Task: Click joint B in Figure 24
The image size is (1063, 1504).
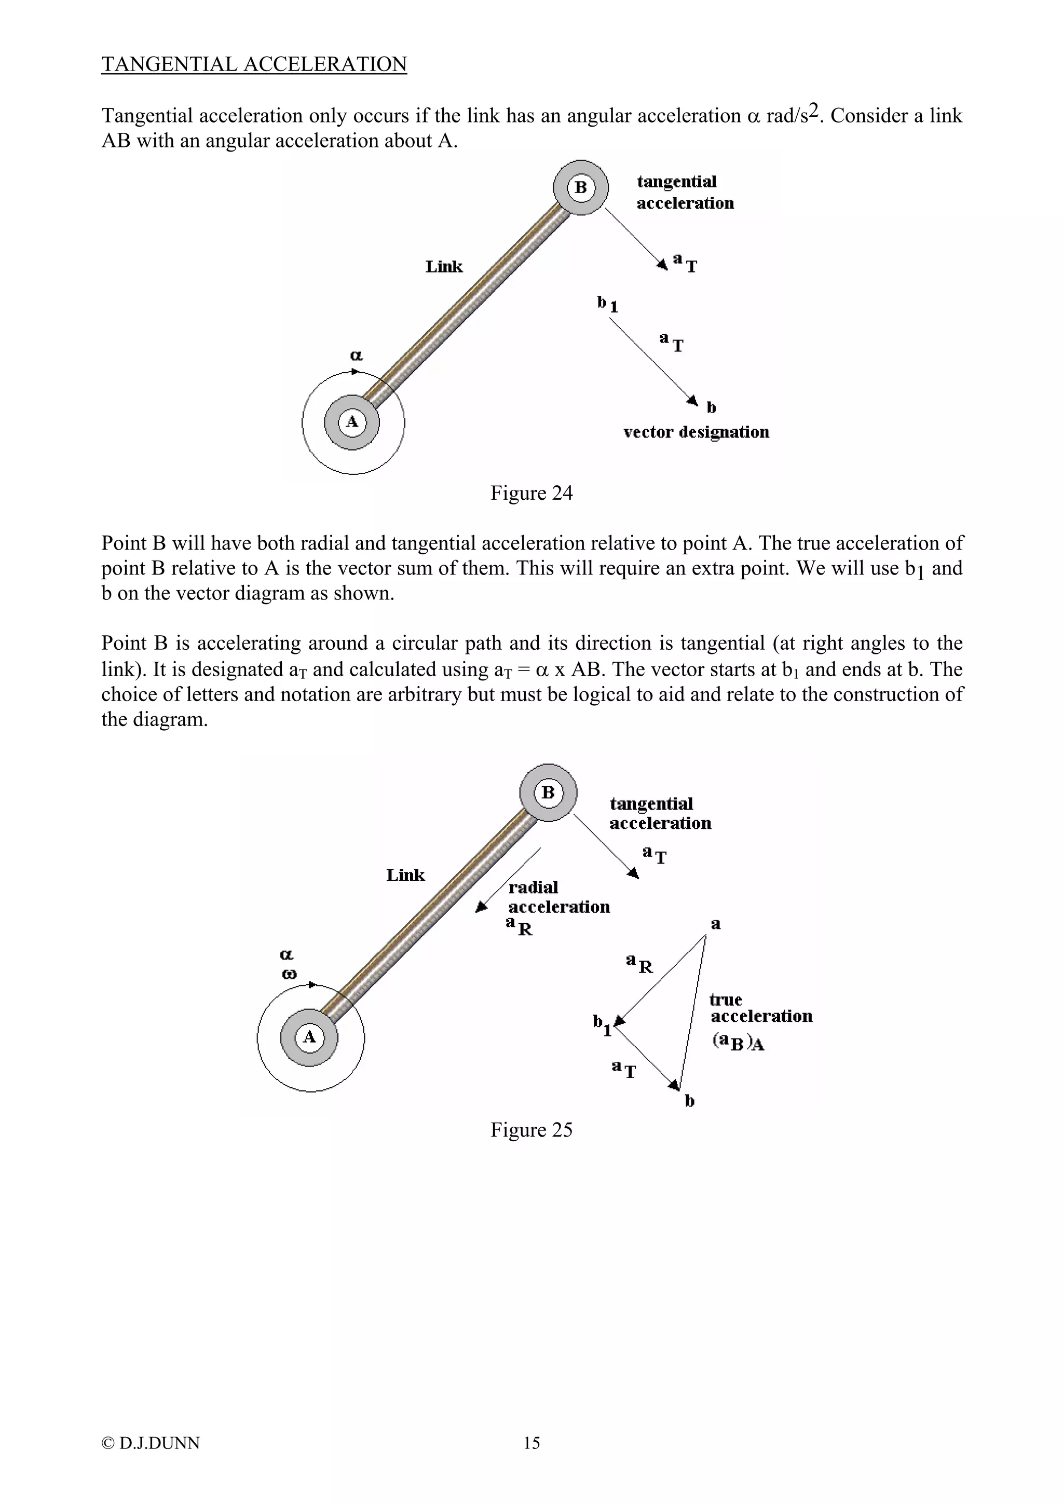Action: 580,188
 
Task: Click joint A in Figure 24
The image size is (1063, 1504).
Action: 352,422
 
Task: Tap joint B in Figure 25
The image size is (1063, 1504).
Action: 548,792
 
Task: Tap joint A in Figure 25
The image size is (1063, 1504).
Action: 309,1037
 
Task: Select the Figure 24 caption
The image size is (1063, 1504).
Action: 531,493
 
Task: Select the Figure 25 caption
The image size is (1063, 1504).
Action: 531,1129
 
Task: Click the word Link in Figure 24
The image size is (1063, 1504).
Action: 443,267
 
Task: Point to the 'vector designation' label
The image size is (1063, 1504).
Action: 696,432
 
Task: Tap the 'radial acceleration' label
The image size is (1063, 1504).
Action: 558,897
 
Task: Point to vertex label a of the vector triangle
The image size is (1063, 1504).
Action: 715,924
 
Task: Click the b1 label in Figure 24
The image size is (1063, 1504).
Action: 607,304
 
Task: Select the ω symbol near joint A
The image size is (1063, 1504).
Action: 289,974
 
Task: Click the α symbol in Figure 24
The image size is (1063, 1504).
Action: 356,356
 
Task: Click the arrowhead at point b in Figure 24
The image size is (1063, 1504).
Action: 693,400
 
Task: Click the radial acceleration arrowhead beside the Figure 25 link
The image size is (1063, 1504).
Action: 481,907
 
